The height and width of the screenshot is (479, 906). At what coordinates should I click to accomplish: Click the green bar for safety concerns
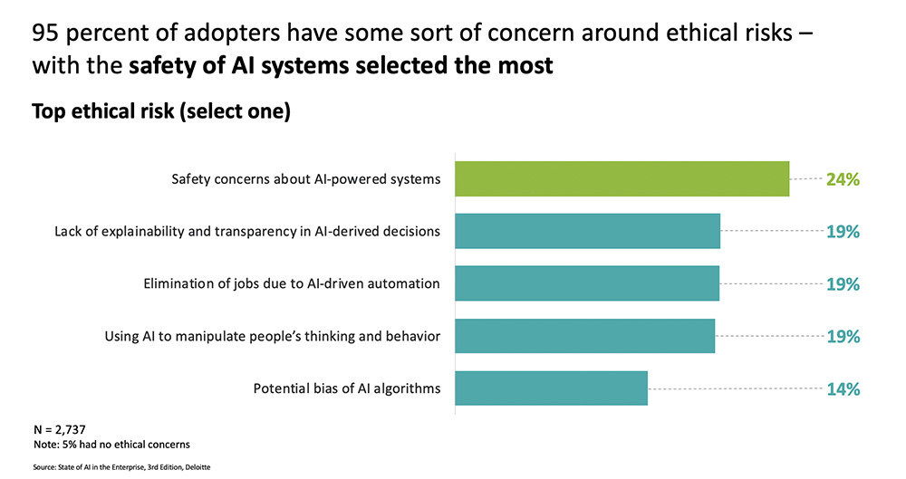622,178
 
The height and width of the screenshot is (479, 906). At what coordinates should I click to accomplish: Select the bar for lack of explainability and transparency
587,231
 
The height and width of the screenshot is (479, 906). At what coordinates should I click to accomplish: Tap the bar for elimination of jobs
587,283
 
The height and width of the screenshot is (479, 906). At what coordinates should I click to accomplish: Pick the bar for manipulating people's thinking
584,336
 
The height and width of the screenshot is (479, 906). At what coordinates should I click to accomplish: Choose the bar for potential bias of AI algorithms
551,388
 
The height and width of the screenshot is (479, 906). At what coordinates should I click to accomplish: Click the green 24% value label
842,179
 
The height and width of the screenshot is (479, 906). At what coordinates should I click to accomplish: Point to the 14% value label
842,389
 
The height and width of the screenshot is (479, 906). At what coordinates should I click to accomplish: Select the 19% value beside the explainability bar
842,232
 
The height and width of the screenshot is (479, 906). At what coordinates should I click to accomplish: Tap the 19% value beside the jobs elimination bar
842,284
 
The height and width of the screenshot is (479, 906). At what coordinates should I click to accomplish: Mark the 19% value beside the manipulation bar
842,337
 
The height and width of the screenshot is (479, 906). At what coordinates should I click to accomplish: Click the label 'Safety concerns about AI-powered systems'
306,179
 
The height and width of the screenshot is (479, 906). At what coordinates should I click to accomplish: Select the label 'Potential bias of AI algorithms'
347,389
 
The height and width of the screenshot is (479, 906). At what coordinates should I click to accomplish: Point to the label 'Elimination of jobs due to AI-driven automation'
292,284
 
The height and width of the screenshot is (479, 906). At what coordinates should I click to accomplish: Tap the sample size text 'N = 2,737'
59,428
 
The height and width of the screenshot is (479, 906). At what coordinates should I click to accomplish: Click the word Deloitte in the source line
196,467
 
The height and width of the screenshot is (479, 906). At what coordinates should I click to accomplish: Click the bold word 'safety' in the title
161,66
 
